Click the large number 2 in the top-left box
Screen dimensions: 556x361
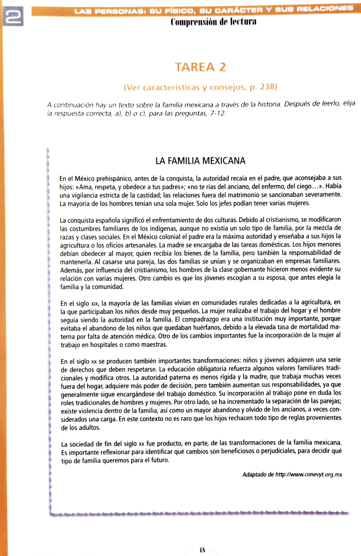click(x=13, y=16)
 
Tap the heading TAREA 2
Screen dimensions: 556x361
click(x=200, y=67)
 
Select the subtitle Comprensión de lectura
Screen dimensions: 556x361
click(x=213, y=22)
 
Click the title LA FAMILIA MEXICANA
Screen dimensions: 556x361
click(x=200, y=161)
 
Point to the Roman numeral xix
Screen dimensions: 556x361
click(x=94, y=304)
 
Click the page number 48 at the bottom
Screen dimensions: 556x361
click(x=202, y=550)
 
